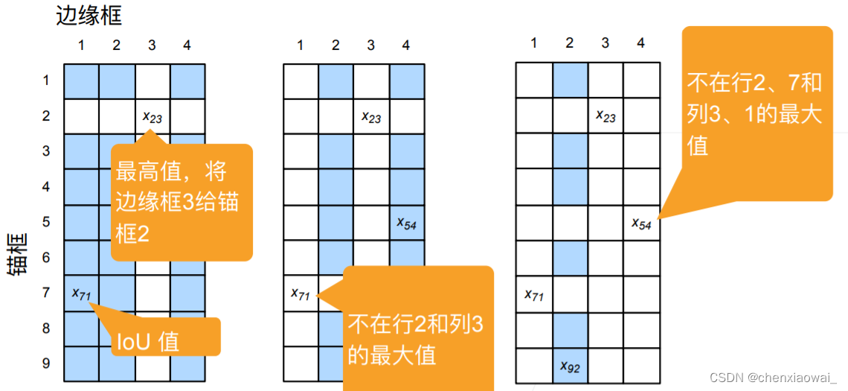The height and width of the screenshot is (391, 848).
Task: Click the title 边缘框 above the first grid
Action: [x=89, y=14]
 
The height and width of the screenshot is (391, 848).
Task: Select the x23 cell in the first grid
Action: [x=152, y=116]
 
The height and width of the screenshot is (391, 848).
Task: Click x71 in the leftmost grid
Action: [x=81, y=293]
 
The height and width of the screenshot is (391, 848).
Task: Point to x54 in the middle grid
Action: [x=406, y=223]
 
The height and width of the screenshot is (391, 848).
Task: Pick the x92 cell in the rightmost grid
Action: [x=569, y=366]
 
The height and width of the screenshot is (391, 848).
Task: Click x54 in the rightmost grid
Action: [x=641, y=223]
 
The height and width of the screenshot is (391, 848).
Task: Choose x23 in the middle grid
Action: [x=370, y=116]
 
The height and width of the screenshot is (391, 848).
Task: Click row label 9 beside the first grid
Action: [x=46, y=363]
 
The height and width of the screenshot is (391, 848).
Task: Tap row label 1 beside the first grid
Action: [x=46, y=80]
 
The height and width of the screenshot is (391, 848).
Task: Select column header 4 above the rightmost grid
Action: [x=640, y=43]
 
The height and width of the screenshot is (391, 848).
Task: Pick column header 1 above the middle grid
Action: [x=300, y=45]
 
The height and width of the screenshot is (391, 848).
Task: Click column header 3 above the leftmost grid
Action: [x=152, y=45]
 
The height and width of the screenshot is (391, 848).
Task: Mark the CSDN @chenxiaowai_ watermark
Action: [x=773, y=378]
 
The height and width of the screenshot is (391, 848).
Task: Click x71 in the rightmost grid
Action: [x=533, y=295]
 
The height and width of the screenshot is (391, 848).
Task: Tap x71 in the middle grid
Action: [x=300, y=294]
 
